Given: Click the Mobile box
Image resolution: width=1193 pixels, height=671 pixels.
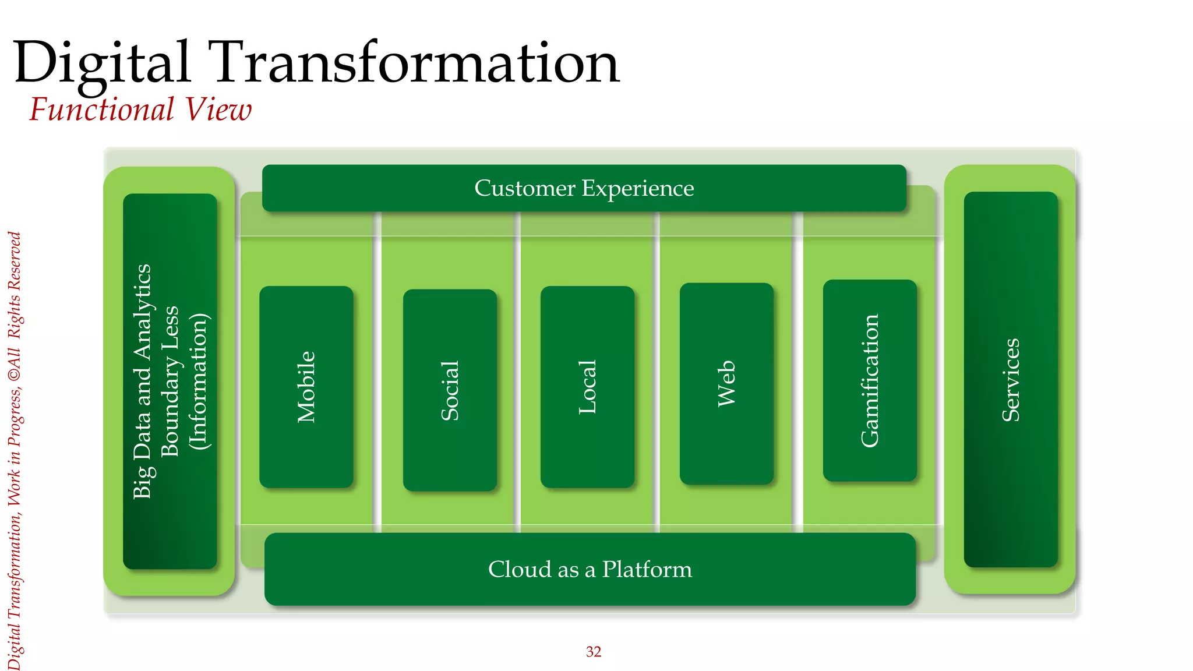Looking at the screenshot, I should tap(306, 387).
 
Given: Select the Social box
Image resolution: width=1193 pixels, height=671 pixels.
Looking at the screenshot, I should tap(450, 390).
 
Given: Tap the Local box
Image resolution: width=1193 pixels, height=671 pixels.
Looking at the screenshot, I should tap(587, 387).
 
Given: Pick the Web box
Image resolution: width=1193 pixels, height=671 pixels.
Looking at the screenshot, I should tap(726, 383).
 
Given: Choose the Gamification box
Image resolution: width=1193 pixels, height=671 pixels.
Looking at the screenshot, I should tap(870, 380).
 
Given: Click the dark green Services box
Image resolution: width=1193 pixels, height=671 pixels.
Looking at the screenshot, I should tap(1011, 379).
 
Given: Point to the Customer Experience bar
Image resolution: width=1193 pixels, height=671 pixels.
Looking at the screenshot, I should tap(584, 188).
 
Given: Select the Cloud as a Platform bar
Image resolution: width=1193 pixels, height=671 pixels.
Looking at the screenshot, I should tap(590, 569).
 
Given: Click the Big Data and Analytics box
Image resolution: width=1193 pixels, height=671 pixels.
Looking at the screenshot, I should tap(170, 381).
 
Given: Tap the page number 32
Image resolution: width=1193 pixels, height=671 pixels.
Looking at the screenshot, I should tap(593, 652).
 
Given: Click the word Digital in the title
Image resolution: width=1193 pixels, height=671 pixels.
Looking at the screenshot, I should tap(102, 63).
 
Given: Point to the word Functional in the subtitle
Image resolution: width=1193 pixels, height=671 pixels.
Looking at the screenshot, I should tap(102, 110).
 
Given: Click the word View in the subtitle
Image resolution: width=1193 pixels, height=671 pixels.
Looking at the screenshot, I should tap(218, 110).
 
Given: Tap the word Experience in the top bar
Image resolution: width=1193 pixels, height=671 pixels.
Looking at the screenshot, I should tap(638, 188).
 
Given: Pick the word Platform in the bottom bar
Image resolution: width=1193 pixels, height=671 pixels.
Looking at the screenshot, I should tap(647, 569).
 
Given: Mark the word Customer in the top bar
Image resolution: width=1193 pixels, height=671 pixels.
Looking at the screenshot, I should tap(525, 188).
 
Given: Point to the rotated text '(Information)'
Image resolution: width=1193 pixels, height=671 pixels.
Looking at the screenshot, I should tap(199, 382).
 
